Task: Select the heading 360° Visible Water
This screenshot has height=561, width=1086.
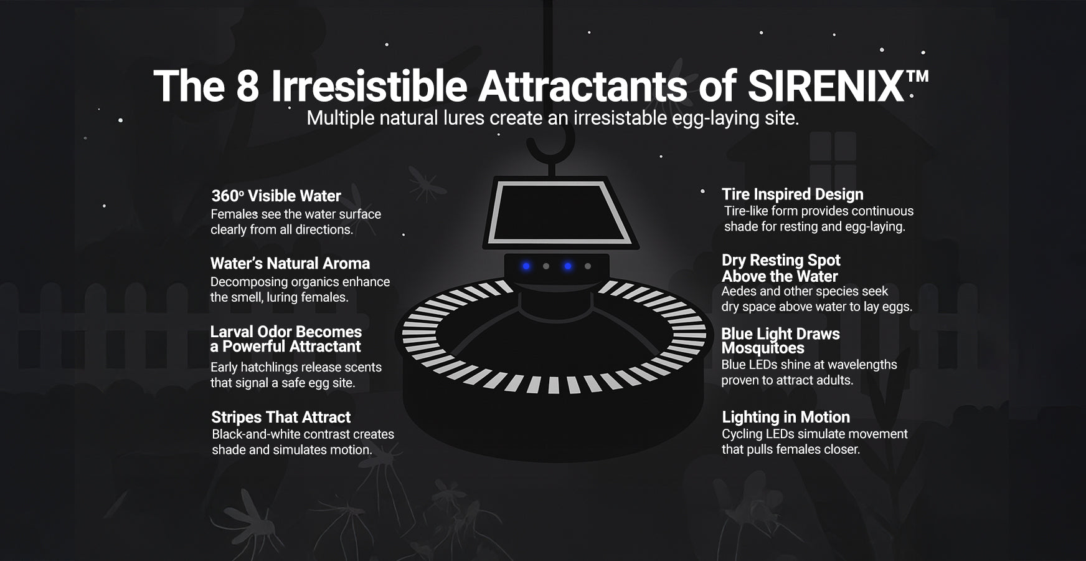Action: (276, 196)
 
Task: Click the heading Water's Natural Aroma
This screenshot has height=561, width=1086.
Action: (290, 263)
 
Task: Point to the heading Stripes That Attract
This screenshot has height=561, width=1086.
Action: (281, 417)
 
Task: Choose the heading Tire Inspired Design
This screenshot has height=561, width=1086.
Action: (793, 194)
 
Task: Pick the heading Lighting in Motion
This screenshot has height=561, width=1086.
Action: (786, 417)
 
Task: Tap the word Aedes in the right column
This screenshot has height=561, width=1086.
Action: (739, 291)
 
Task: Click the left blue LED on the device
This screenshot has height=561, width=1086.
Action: (526, 266)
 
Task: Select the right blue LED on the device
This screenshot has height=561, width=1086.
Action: (567, 266)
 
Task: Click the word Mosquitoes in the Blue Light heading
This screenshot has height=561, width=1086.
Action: (763, 348)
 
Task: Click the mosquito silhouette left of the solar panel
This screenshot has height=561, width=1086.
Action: (427, 182)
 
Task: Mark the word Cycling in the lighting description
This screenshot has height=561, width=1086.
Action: (742, 434)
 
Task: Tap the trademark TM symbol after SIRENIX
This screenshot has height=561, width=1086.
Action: (917, 76)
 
